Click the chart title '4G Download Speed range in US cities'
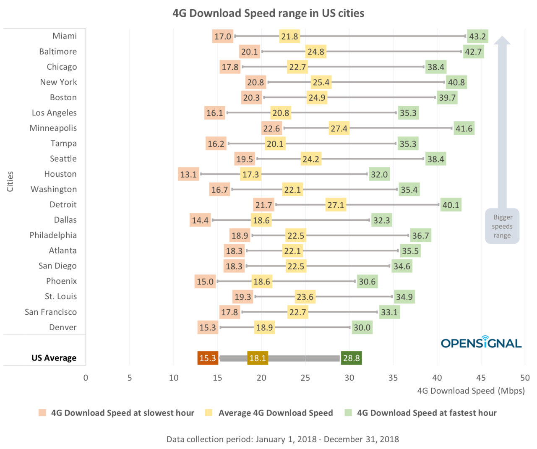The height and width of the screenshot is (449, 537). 268,13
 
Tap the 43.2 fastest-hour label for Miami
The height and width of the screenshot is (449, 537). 477,37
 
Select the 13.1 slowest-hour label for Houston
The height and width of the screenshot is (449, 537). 188,175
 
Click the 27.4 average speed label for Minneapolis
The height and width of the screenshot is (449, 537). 339,128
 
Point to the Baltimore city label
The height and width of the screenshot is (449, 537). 58,52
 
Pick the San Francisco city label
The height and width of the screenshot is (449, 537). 51,312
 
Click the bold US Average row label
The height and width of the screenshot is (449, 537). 54,358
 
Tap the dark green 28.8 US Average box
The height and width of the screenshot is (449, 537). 351,358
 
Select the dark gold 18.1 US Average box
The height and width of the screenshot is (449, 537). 258,358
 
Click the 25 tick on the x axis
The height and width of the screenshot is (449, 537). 305,378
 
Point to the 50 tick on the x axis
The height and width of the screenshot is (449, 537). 525,378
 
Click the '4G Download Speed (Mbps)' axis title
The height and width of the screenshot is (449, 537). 471,391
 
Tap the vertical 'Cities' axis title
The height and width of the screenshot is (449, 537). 10,181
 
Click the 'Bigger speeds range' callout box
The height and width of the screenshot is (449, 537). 502,226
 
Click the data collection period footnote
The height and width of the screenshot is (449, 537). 282,439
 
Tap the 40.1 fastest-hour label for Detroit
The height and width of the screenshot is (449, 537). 451,205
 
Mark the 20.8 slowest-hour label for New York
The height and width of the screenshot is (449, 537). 255,82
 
